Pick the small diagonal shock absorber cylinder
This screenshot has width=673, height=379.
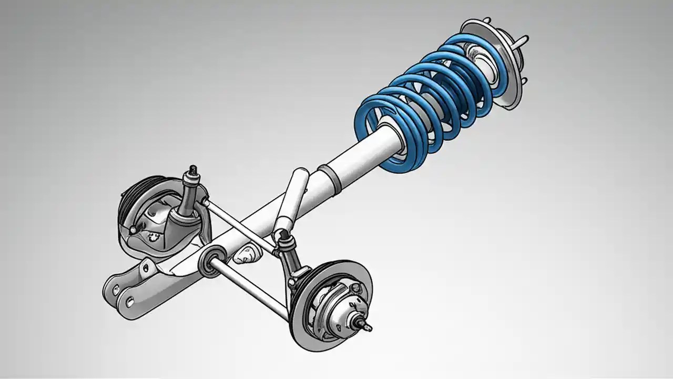click(292, 200)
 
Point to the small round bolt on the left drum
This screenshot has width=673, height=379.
click(132, 230)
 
